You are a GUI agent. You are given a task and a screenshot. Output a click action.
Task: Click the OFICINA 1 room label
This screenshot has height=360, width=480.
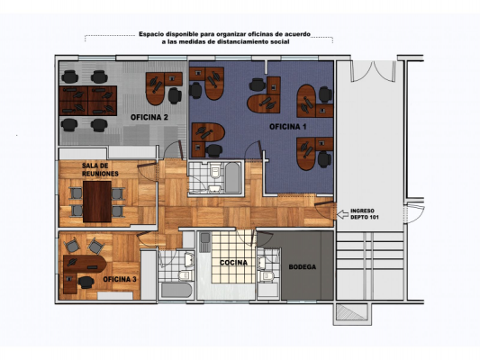tap(288, 127)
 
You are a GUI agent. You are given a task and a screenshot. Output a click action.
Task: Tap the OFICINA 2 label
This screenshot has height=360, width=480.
tap(149, 117)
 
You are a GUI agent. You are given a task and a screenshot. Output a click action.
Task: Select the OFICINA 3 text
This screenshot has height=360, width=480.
tap(120, 279)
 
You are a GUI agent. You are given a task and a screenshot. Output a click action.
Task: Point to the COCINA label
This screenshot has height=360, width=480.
tap(233, 263)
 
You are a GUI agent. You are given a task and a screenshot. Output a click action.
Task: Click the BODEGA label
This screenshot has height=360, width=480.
tap(303, 266)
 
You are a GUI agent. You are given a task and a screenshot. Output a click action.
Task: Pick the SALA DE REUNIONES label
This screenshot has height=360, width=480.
tap(100, 170)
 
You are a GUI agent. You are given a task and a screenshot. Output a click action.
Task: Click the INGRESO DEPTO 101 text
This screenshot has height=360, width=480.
tap(365, 214)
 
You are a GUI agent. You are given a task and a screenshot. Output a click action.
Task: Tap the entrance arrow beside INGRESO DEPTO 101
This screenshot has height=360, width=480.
tap(342, 214)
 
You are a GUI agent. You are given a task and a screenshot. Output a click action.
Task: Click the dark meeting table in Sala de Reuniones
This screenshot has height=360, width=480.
tap(97, 202)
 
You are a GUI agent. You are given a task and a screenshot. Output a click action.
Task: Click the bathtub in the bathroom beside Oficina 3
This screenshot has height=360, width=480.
tap(177, 290)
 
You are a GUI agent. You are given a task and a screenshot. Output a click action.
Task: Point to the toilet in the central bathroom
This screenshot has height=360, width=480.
tap(215, 170)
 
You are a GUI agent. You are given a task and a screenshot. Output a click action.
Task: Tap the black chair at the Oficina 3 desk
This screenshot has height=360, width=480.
tap(86, 282)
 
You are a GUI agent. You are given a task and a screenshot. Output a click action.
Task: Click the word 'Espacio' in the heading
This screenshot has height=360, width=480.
tap(150, 34)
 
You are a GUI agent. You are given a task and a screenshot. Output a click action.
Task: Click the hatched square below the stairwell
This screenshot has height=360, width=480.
tap(352, 312)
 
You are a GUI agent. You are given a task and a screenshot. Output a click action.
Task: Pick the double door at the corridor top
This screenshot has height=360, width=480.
tap(373, 71)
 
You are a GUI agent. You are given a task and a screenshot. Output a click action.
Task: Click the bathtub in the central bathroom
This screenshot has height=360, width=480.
tap(232, 177)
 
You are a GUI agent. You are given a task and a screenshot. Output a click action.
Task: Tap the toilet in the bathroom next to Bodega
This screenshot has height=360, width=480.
tap(265, 276)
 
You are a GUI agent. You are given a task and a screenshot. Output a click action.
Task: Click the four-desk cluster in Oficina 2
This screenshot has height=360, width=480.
tap(88, 101)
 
